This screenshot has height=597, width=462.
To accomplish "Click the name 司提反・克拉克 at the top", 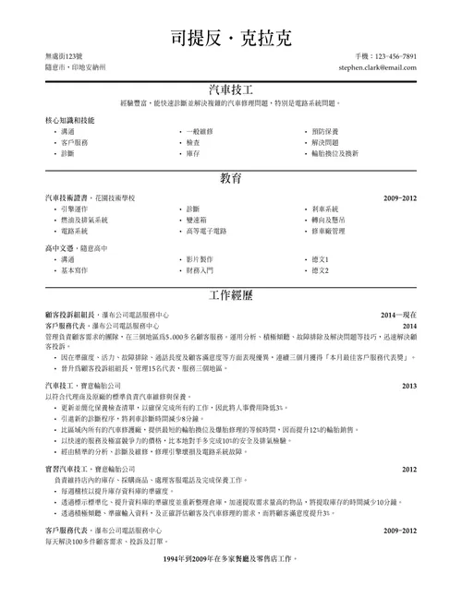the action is click(231, 38).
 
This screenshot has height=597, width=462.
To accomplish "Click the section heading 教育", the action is click(231, 177).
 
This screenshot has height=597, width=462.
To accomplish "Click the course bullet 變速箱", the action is click(197, 220).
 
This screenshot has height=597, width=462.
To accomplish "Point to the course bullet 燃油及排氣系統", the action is click(84, 220).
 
